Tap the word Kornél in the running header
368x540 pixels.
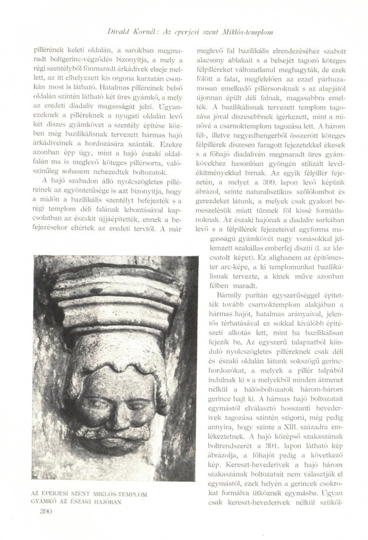pos(141,33)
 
